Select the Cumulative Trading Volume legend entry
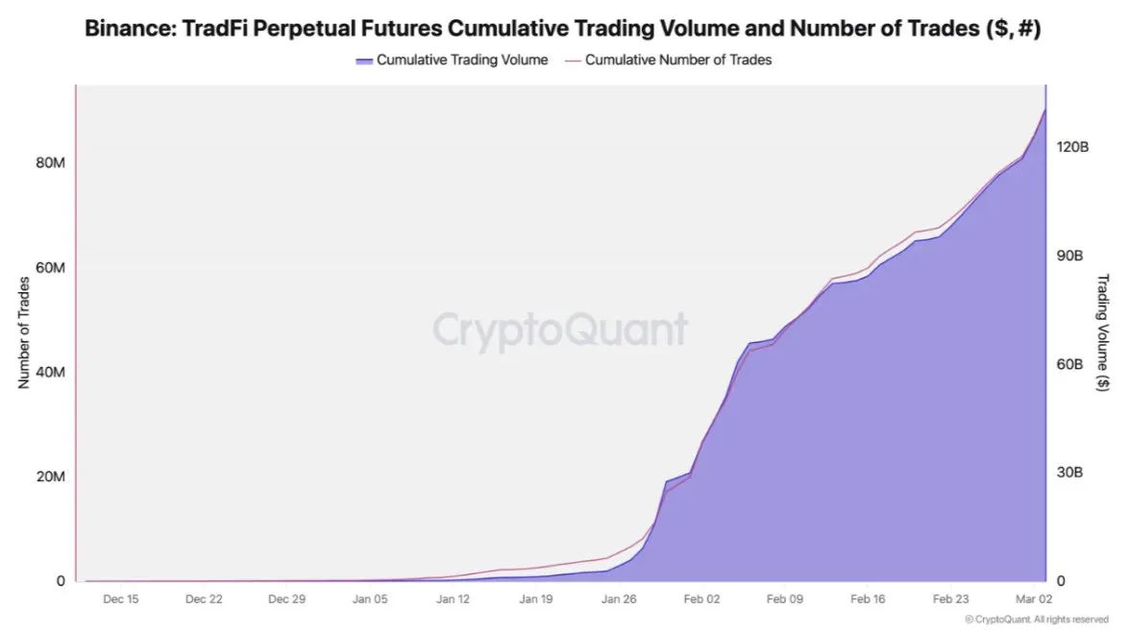[x=452, y=60]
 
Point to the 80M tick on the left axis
[x=50, y=162]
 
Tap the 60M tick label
[x=50, y=267]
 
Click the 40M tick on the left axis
[x=50, y=372]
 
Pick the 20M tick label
[x=50, y=477]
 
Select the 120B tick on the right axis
[x=1072, y=147]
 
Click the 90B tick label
[x=1070, y=256]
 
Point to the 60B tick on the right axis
[x=1070, y=364]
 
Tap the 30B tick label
[x=1070, y=473]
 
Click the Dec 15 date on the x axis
[x=120, y=598]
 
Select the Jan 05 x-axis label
[x=370, y=598]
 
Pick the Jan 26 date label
[x=620, y=598]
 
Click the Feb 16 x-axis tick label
[x=868, y=598]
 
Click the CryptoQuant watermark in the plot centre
[x=560, y=329]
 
